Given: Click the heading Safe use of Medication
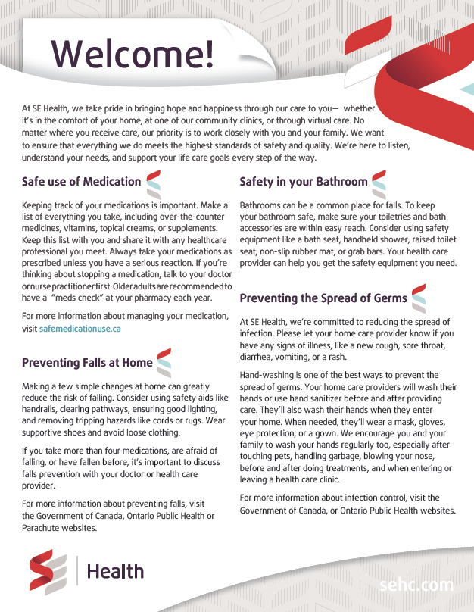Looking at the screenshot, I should pos(82,182).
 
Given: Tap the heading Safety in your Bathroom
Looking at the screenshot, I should pos(304,182).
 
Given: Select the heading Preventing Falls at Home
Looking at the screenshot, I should pos(87,363).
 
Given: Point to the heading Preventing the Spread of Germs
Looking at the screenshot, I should pos(323,298).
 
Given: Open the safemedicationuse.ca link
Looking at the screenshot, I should pos(80,329).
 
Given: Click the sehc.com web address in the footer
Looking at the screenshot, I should pos(417,585).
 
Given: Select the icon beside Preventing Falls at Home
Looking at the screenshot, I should pos(164,364).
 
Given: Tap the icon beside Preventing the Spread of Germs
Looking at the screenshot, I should pos(419,298).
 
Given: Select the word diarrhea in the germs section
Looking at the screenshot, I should pos(257,357).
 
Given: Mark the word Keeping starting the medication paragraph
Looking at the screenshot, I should pos(39,206).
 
